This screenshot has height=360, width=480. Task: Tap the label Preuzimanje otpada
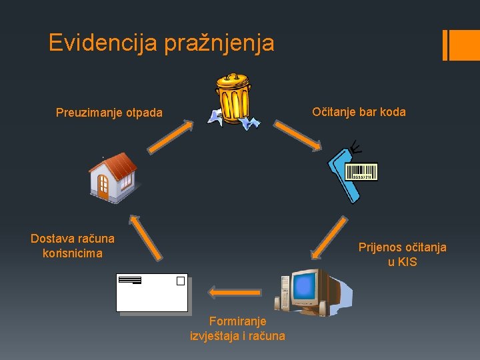[x=109, y=113]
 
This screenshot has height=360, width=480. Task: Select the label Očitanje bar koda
[x=359, y=111]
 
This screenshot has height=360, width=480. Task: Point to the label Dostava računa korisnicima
[x=73, y=245]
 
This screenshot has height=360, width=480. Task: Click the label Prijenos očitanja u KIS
[x=402, y=254]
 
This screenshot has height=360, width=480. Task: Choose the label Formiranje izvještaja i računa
[x=237, y=329]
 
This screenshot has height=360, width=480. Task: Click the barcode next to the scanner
[x=362, y=172]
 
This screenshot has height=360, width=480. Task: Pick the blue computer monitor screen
[x=304, y=286]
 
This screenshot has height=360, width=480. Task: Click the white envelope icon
[x=152, y=293]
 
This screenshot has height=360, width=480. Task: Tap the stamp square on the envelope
[x=180, y=281]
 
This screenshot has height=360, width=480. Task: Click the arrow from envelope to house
[x=146, y=236]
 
